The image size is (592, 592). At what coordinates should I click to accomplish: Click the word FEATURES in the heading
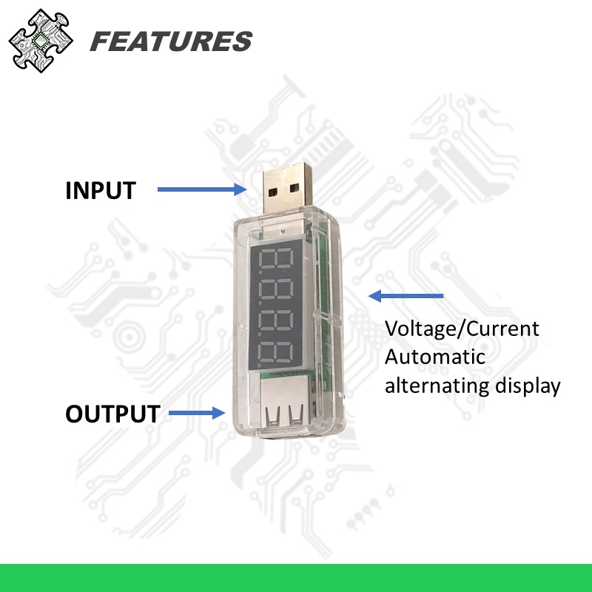(x=171, y=41)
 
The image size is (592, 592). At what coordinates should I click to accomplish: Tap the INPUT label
(x=101, y=190)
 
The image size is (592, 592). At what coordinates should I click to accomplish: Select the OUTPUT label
(x=112, y=414)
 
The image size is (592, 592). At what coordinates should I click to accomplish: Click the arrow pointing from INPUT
(x=201, y=190)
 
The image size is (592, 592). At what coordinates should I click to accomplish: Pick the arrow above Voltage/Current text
(x=406, y=296)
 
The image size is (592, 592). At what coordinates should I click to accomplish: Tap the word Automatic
(x=435, y=357)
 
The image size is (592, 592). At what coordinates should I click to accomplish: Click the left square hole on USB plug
(x=274, y=191)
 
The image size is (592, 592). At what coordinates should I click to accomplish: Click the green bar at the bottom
(x=296, y=577)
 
